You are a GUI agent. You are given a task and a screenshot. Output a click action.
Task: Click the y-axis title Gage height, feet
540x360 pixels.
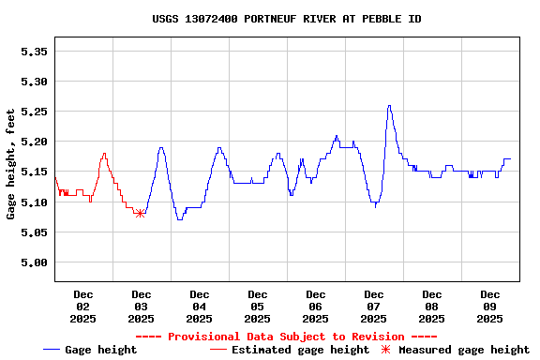(11, 164)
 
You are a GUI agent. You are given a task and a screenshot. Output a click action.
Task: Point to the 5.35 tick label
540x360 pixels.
(34, 52)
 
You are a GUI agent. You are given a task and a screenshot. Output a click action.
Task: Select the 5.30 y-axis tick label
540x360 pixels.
(34, 82)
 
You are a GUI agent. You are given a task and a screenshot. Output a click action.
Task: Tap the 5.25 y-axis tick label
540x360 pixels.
(34, 112)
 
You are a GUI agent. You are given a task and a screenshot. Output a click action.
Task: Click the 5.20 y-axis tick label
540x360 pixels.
(34, 142)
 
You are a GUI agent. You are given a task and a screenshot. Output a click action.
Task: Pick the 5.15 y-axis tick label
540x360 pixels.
(34, 172)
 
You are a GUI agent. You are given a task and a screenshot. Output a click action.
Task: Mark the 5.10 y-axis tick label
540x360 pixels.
(34, 202)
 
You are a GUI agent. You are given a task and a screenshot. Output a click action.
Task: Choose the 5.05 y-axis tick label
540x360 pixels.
(34, 232)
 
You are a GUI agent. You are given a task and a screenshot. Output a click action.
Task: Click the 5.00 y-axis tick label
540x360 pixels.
(34, 262)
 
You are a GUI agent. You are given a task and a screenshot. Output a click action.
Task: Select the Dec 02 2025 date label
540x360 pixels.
(82, 307)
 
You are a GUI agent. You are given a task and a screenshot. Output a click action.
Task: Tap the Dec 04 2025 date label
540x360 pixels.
(199, 307)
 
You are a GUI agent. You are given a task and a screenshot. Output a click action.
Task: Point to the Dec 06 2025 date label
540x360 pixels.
(315, 307)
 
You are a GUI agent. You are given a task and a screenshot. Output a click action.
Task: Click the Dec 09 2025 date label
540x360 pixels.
(489, 307)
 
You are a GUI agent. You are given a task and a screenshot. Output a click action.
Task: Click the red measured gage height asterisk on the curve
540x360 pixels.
(140, 214)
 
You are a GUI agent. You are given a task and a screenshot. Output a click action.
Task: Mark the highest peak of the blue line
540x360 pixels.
(389, 106)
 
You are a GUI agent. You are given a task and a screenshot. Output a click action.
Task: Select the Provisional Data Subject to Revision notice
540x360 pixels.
(286, 337)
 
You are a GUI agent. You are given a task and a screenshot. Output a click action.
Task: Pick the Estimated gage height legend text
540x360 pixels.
(300, 350)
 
